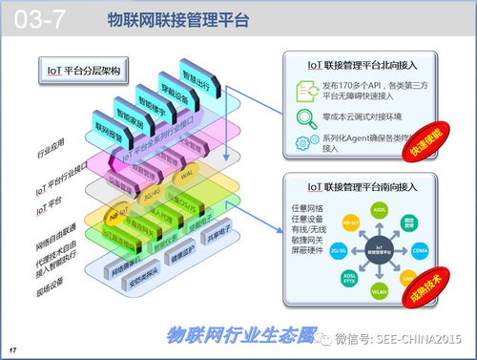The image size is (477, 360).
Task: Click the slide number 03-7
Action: pos(39,18)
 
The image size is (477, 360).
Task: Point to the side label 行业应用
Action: pos(50,154)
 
